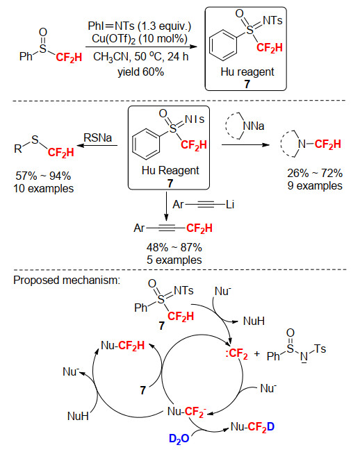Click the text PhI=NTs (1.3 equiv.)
(x=139, y=26)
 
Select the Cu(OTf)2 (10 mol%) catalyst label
(x=140, y=39)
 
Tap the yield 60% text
(x=141, y=72)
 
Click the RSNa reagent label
(x=97, y=137)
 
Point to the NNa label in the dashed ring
(x=254, y=126)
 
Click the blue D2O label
(x=179, y=438)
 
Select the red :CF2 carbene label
(x=236, y=353)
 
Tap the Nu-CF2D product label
(x=252, y=427)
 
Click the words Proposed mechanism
(x=67, y=281)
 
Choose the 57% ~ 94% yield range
(x=43, y=176)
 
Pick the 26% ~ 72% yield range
(x=315, y=173)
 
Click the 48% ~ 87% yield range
(x=174, y=247)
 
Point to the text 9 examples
(x=315, y=185)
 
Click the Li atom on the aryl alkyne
(x=230, y=204)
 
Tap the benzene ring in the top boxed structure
(x=222, y=45)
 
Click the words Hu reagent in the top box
(x=247, y=72)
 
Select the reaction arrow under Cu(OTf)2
(x=141, y=47)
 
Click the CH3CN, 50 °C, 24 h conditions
(x=141, y=56)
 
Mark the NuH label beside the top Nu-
(x=254, y=321)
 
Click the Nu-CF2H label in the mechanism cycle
(x=122, y=345)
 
